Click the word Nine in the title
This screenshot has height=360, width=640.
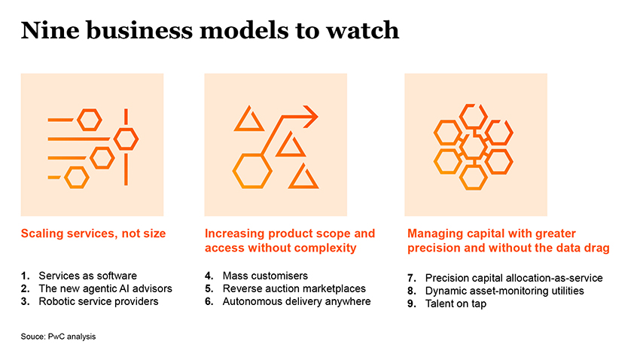pyautogui.click(x=50, y=30)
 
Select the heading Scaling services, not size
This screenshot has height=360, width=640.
pyautogui.click(x=93, y=233)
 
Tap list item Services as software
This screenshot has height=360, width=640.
pyautogui.click(x=88, y=276)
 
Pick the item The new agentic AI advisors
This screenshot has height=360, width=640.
pyautogui.click(x=105, y=288)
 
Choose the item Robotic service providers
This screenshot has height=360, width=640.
pyautogui.click(x=99, y=301)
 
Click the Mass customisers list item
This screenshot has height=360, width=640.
pyautogui.click(x=265, y=276)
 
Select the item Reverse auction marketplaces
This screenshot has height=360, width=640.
pyautogui.click(x=294, y=288)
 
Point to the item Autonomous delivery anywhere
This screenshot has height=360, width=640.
pyautogui.click(x=297, y=301)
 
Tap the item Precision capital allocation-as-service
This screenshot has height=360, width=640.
pyautogui.click(x=514, y=278)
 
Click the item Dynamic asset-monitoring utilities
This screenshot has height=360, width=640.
pyautogui.click(x=504, y=291)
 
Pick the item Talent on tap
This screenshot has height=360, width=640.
pyautogui.click(x=456, y=304)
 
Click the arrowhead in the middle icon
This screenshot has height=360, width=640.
pyautogui.click(x=311, y=116)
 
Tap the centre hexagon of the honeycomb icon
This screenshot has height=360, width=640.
pyautogui.click(x=473, y=148)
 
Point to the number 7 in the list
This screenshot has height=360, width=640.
pyautogui.click(x=411, y=278)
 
